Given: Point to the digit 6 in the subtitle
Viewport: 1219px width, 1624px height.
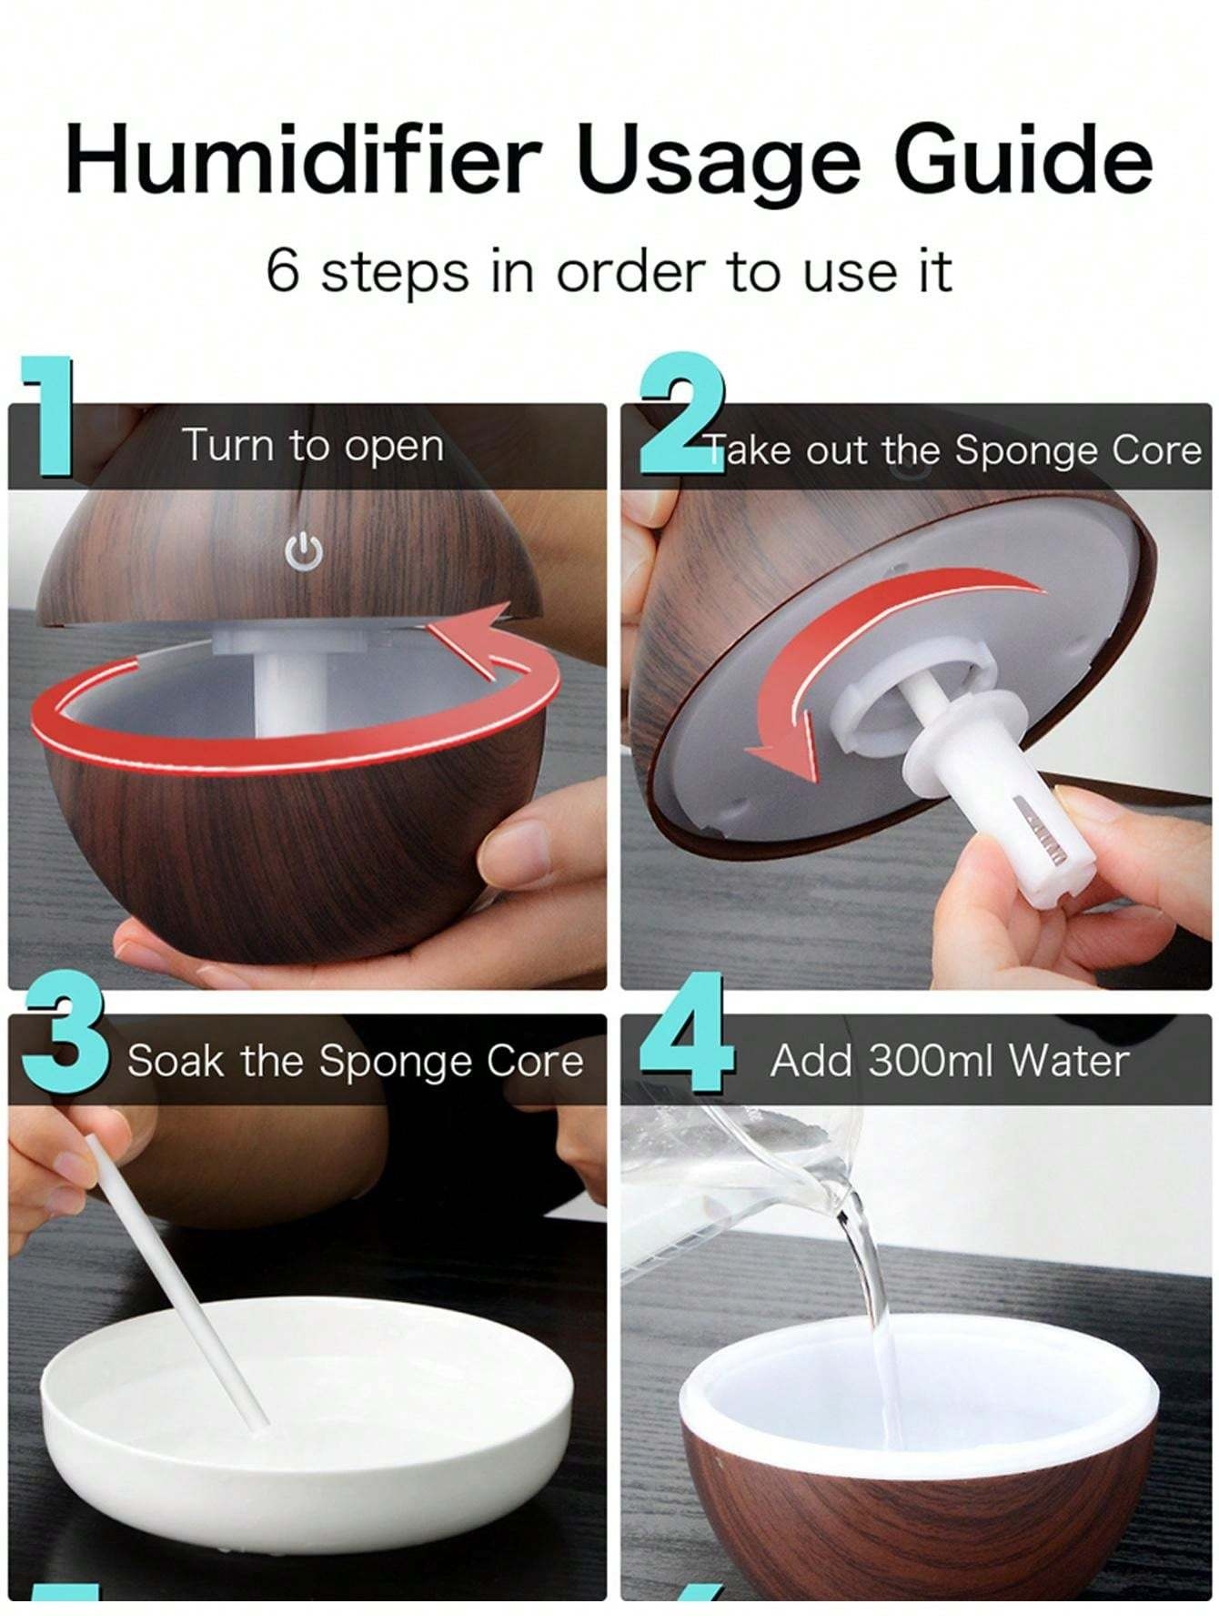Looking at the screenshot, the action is click(282, 271).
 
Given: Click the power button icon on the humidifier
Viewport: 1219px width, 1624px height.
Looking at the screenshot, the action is click(304, 552).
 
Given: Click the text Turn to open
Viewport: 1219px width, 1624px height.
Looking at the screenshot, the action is click(314, 446).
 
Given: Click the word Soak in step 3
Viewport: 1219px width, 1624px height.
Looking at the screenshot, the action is click(174, 1061).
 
